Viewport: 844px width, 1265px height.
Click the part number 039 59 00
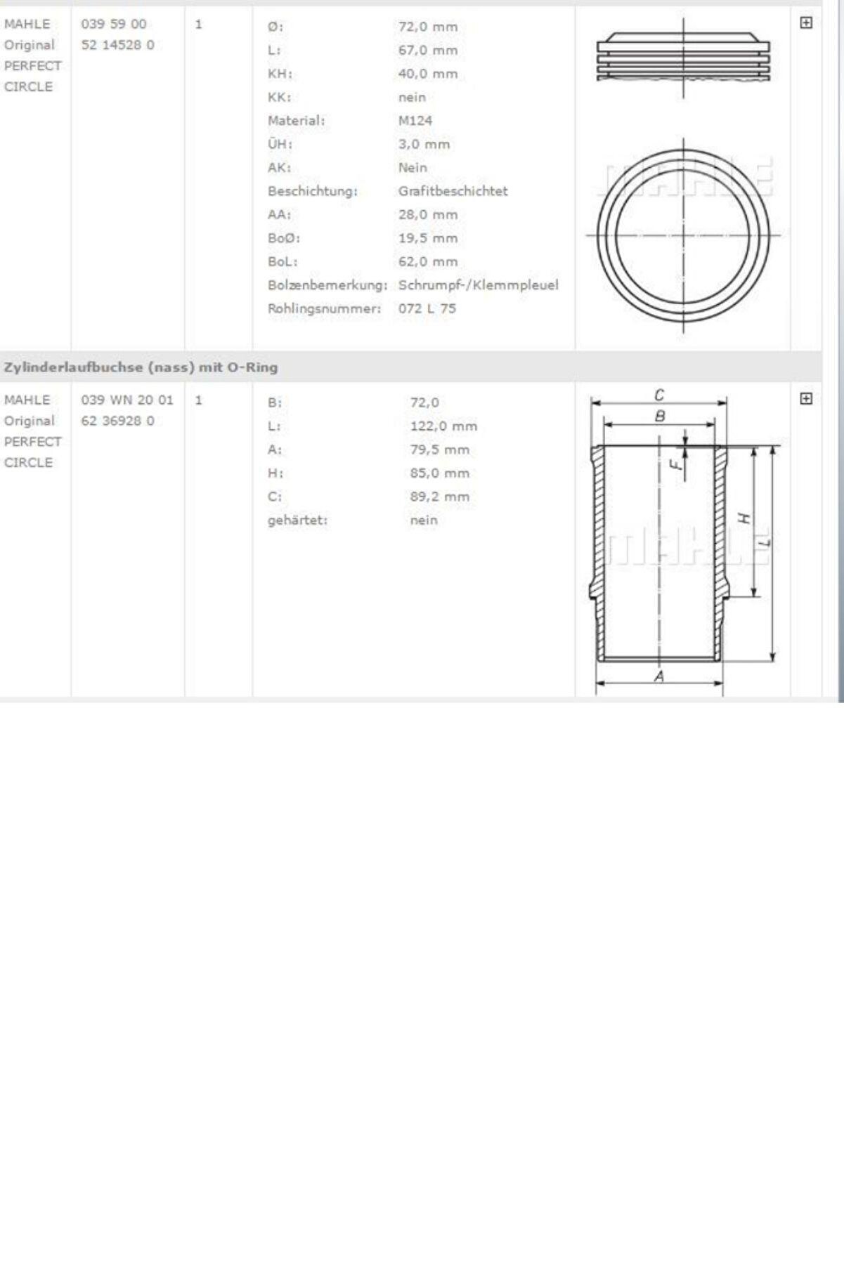pos(114,24)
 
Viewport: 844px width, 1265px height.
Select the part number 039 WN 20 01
pos(127,400)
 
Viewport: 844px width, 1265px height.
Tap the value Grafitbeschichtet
pos(453,191)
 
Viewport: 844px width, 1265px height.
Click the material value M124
pos(415,121)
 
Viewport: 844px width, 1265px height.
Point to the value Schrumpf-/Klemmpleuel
pos(478,285)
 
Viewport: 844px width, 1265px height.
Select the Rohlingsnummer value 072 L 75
pos(427,308)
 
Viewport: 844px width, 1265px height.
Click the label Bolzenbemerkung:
pos(327,285)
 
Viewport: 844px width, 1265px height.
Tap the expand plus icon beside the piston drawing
pos(806,23)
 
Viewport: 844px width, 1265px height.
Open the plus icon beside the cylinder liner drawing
pos(806,399)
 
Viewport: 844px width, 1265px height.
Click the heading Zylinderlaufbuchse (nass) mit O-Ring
pos(141,367)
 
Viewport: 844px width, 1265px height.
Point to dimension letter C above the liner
pos(659,395)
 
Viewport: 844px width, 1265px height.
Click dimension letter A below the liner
pos(659,676)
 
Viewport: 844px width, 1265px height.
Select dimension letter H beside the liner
pos(744,518)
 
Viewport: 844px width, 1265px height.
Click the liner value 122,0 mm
pos(443,426)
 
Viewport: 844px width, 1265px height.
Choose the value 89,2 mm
pos(440,497)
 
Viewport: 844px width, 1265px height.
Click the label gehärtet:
pos(297,520)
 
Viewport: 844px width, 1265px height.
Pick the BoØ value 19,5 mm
pos(428,238)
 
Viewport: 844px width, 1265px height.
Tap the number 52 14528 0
pos(117,45)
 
